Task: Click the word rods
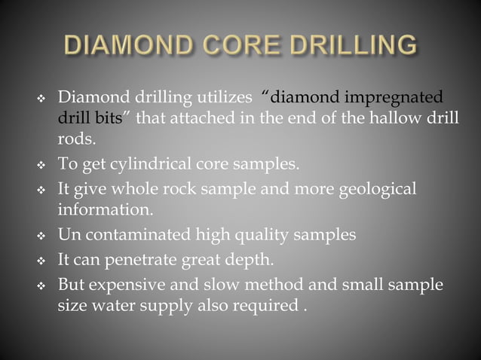78,139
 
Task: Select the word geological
369,188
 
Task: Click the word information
106,209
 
